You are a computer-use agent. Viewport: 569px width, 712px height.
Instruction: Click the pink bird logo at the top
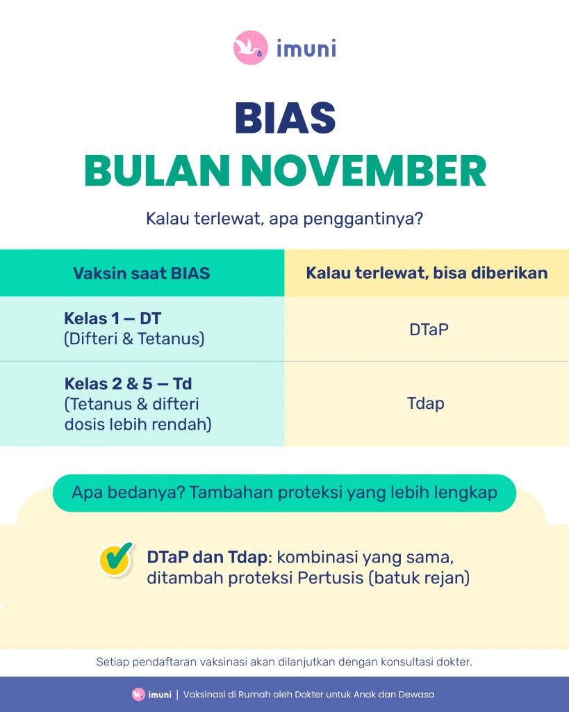251,48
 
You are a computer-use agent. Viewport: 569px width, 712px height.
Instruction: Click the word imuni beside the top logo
306,48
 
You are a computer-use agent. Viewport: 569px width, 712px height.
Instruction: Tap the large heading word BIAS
285,118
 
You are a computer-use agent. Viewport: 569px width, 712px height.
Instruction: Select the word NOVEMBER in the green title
363,171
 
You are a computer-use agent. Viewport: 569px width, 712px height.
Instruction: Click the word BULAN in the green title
157,171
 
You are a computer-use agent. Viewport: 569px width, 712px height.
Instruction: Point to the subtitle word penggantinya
363,219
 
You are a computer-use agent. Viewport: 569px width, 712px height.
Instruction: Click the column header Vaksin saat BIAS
142,273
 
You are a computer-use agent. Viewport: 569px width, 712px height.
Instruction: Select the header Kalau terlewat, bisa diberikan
427,273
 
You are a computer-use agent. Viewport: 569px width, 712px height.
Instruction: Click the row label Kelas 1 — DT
113,318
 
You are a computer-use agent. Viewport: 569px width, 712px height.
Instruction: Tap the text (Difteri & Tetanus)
134,339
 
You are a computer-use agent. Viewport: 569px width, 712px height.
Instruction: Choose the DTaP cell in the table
429,329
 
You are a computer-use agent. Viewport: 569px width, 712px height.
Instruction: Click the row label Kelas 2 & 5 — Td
128,384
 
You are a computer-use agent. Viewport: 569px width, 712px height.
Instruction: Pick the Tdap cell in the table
426,403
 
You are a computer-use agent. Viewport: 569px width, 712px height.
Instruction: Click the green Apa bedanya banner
285,493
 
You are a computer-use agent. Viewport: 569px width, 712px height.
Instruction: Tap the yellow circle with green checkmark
117,559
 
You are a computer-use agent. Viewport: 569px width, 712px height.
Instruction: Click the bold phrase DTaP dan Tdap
207,557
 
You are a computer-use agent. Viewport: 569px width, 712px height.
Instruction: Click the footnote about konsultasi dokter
284,662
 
